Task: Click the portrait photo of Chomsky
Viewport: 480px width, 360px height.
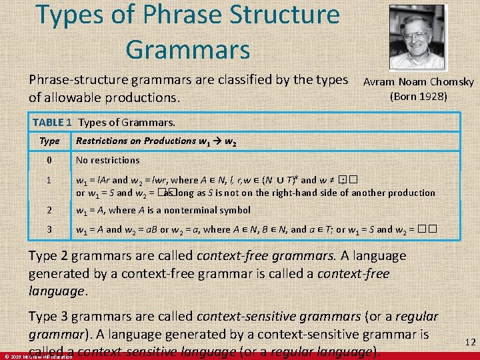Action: (x=416, y=38)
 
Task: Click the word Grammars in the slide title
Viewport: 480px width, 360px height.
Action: (x=187, y=49)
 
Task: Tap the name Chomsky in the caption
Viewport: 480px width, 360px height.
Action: (x=452, y=82)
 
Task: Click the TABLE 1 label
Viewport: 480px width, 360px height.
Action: (x=52, y=122)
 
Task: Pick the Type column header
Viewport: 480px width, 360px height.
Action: (x=49, y=141)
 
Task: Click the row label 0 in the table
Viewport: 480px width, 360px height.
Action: (x=49, y=160)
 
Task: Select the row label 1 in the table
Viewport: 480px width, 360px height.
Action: (x=49, y=180)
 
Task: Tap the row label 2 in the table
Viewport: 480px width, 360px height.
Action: (x=49, y=210)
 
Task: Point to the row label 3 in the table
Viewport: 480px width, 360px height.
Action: (x=49, y=229)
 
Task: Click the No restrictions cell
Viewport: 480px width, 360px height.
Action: (x=107, y=160)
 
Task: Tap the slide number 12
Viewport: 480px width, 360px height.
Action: (x=470, y=342)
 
